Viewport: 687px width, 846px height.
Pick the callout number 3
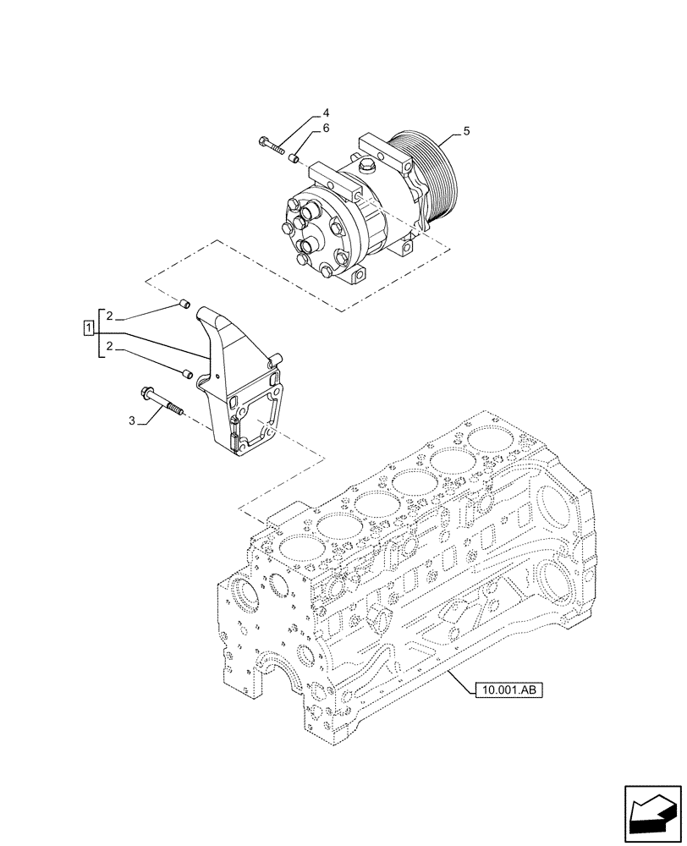[130, 420]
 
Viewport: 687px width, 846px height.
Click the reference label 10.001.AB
[506, 689]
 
